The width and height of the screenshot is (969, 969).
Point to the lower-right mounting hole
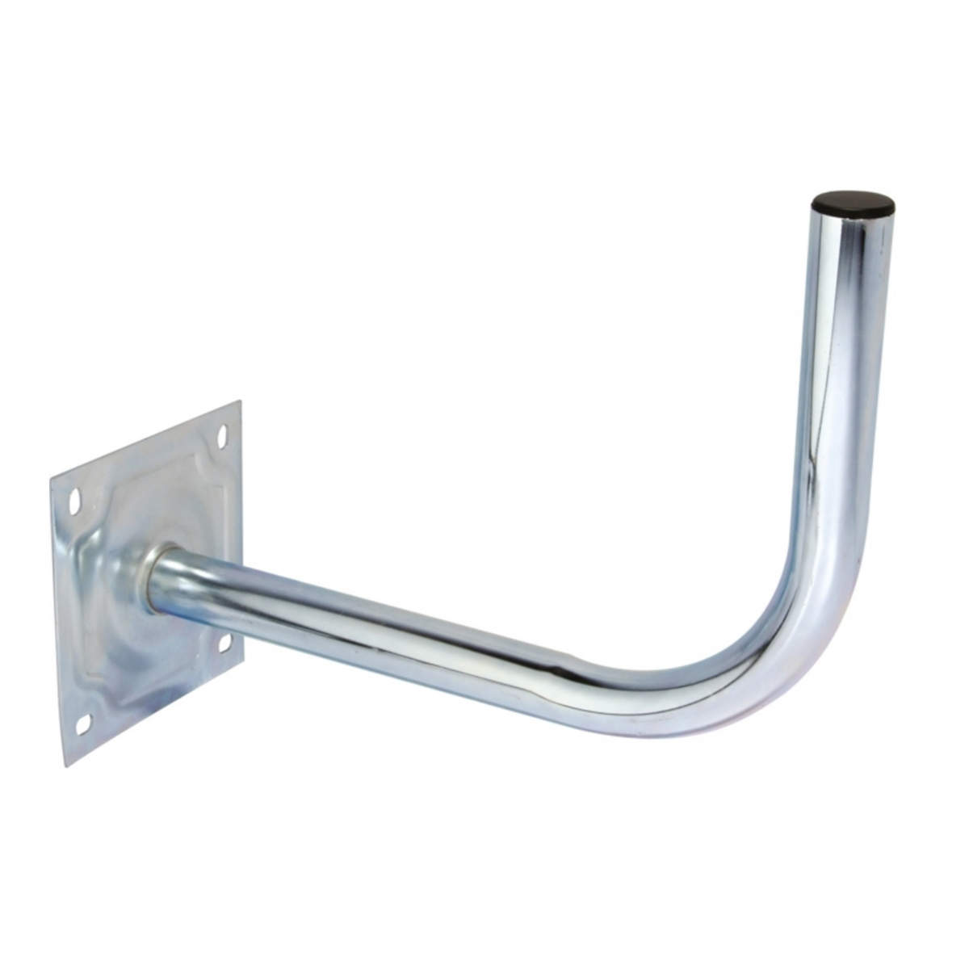[225, 643]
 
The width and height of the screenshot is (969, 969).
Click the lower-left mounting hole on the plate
[82, 724]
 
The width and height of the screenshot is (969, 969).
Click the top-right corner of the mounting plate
[240, 401]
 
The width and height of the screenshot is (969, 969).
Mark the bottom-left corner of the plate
[66, 766]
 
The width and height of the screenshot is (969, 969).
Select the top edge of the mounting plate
[145, 440]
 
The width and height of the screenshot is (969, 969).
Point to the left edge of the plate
[58, 622]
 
